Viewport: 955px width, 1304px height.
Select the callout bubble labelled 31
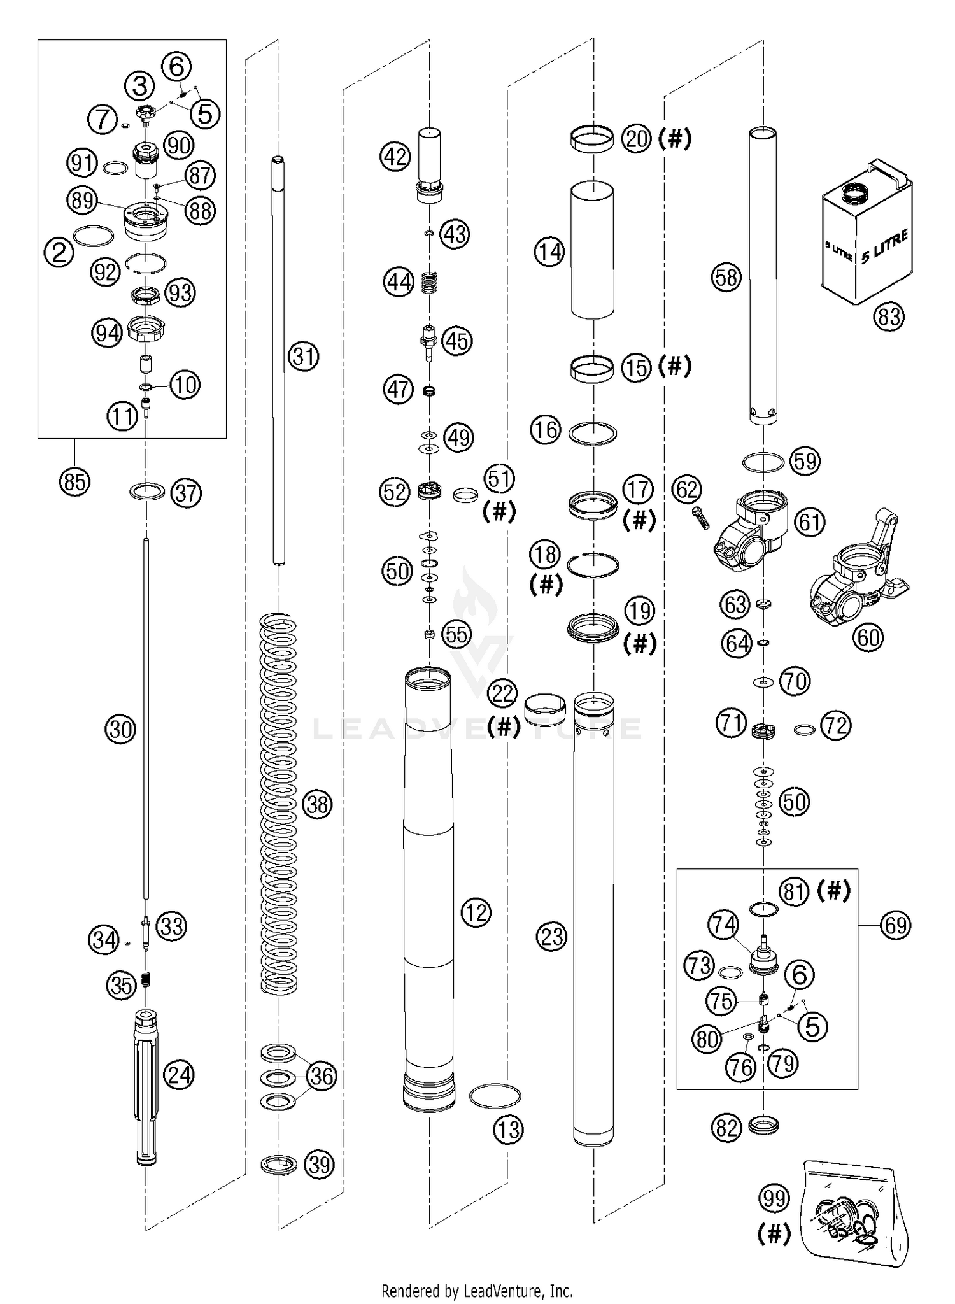coord(303,357)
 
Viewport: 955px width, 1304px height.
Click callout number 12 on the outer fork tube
coord(476,912)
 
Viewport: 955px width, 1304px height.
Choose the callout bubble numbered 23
coord(551,936)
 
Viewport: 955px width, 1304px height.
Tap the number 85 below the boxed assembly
coord(74,482)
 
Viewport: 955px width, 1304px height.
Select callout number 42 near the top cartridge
coord(395,156)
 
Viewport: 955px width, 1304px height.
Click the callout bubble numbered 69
coord(895,925)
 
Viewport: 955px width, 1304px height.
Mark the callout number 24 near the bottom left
coord(179,1075)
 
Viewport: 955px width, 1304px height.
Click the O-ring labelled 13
coord(495,1096)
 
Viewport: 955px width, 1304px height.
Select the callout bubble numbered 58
coord(726,277)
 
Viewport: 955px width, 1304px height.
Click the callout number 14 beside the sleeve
coord(549,252)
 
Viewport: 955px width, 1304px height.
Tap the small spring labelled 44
coord(431,281)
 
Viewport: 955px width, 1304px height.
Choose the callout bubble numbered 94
coord(106,333)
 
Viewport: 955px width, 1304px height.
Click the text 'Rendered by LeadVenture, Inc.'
coord(477,1291)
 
